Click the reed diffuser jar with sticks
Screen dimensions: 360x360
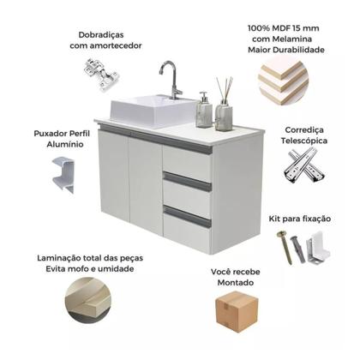[x=225, y=107]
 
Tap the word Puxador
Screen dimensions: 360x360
[x=41, y=134]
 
